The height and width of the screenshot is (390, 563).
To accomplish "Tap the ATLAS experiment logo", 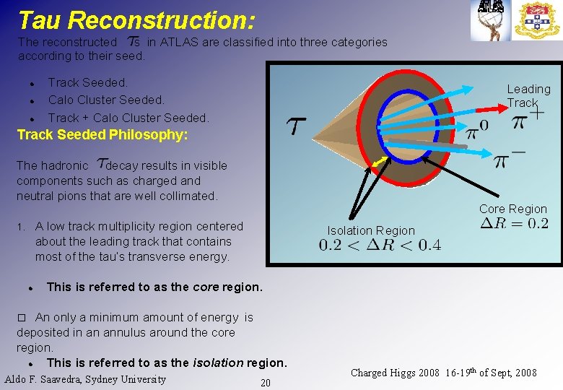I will point(490,20).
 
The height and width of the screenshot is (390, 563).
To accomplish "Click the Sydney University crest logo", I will point(537,20).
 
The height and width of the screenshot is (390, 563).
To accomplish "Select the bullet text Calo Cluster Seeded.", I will point(106,100).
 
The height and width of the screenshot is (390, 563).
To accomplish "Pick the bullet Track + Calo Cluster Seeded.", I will point(128,117).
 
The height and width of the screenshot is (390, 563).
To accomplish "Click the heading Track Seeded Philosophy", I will point(102,135).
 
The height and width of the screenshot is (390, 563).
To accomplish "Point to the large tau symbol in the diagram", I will point(297,126).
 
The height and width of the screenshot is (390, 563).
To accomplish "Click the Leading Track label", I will point(528,95).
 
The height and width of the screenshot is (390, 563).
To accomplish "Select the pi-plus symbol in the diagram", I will point(528,120).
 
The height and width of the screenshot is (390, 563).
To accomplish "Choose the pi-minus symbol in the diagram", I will point(510,160).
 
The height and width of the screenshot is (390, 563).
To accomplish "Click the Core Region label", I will point(512,209).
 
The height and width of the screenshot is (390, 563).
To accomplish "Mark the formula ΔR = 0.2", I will point(514,223).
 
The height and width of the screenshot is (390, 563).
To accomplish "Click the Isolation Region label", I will point(371,230).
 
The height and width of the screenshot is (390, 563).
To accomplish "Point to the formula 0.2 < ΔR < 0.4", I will point(380,246).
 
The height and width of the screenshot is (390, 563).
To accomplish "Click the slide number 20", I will point(266,383).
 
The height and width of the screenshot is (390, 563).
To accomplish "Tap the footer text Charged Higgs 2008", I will point(395,373).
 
